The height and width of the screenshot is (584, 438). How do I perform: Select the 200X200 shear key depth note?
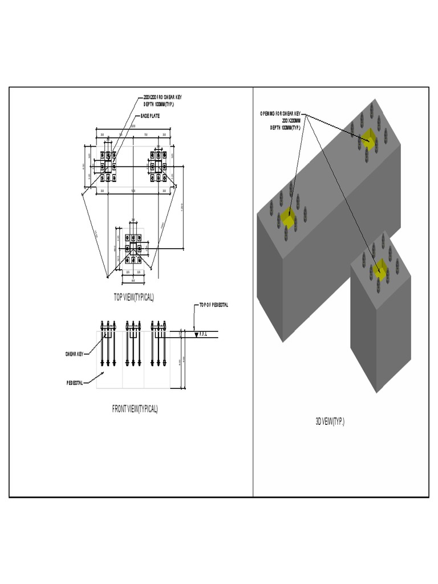(x=163, y=101)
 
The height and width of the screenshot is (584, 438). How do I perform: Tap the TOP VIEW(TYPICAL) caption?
(x=134, y=297)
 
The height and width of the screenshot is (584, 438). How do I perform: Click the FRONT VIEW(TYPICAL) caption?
(x=135, y=408)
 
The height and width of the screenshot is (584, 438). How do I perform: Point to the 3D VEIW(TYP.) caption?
(x=330, y=421)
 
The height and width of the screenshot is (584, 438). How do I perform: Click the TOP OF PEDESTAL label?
(x=214, y=305)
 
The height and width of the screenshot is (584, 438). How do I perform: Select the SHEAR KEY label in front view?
(x=74, y=354)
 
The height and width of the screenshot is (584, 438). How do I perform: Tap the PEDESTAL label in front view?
(x=74, y=383)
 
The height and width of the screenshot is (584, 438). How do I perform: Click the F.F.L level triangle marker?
(x=196, y=335)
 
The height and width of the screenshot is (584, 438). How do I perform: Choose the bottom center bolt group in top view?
(x=133, y=249)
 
